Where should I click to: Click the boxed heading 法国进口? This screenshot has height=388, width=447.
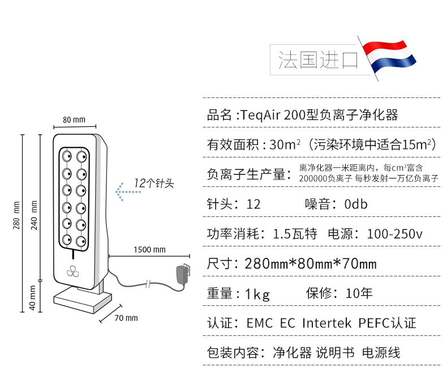coord(318,59)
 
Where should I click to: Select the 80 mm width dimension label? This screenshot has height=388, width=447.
coord(74,120)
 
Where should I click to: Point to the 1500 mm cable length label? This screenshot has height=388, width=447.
coord(149,250)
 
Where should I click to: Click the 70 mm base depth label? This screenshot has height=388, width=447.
coord(126,318)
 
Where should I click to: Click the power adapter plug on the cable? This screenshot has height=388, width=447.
coord(182,275)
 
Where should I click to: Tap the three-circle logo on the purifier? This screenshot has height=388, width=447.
coord(74,271)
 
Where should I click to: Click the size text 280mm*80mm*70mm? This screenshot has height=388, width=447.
coord(311,263)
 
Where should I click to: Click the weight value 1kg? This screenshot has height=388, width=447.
coord(257,293)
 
